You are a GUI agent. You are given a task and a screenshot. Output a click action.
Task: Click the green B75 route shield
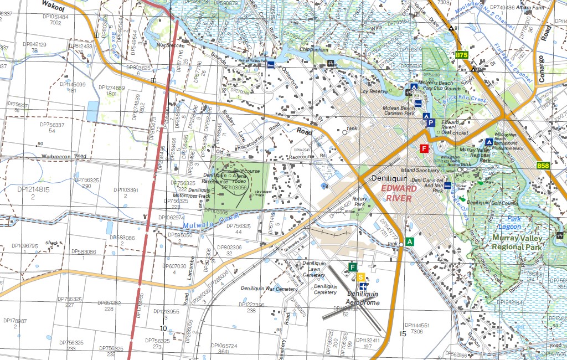point(462,55)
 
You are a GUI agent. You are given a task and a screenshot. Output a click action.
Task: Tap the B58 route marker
point(543,166)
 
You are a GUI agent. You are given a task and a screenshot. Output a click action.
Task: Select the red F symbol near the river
point(425,148)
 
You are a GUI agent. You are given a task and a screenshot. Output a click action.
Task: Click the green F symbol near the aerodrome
point(352,268)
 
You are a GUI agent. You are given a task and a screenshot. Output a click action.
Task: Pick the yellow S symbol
point(361,277)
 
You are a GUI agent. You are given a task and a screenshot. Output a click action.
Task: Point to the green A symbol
point(410,241)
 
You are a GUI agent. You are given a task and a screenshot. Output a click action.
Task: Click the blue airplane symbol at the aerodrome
point(363,286)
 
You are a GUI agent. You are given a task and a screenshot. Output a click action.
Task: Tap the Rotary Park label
point(360,202)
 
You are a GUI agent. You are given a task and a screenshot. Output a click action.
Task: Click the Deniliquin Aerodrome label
point(363,298)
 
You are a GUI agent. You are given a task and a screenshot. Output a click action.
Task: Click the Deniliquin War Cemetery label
point(270,289)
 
